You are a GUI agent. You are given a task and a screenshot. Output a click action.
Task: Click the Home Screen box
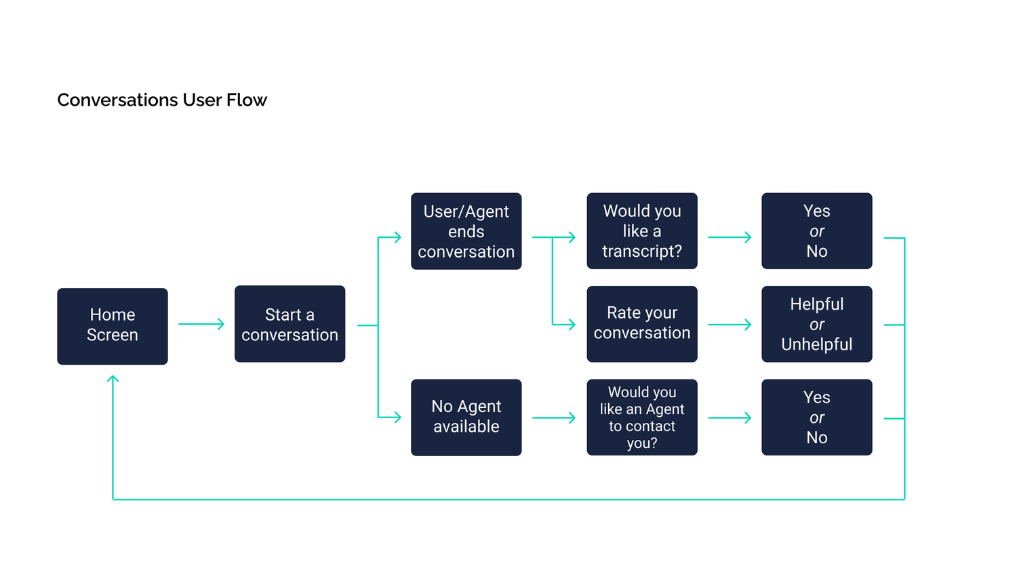113,327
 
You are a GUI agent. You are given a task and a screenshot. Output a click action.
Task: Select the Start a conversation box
290,324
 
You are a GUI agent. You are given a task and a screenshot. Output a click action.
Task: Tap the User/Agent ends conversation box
466,231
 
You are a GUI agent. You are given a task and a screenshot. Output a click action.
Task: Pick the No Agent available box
466,417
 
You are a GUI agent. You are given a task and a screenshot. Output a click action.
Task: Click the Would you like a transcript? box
642,231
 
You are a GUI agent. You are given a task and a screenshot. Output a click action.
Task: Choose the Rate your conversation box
642,324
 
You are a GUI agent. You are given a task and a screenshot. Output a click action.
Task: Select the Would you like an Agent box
642,417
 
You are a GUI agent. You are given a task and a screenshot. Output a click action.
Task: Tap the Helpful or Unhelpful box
817,324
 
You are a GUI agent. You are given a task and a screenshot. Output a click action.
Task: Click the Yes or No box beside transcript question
817,231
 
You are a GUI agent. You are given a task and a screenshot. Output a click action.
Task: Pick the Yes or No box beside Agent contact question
817,417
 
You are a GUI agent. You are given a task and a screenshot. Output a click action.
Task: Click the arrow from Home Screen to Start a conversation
201,324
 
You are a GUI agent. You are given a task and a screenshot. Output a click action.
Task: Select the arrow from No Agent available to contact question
554,417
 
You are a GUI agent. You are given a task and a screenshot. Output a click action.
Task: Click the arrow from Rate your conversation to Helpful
730,325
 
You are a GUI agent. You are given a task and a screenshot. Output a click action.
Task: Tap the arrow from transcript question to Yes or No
730,237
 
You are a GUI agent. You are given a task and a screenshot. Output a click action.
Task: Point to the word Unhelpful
817,344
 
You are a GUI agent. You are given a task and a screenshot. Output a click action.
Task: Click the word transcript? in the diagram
642,251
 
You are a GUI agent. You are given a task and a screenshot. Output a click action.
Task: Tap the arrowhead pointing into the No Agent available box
398,417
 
